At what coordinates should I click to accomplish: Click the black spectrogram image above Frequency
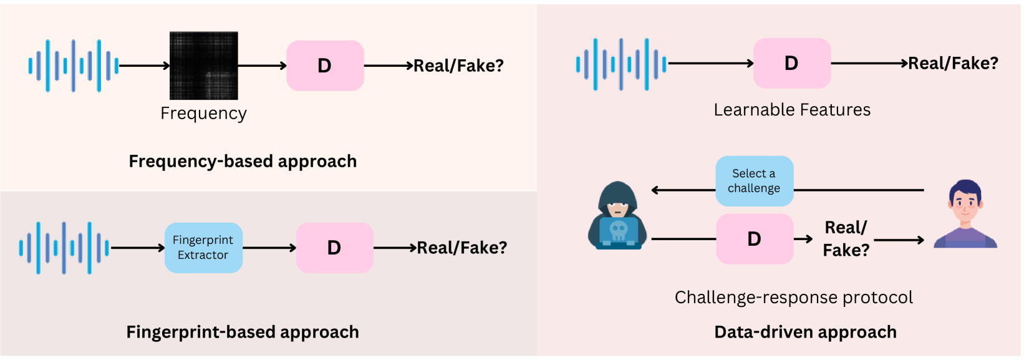(204, 66)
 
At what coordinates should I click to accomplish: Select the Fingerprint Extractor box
(203, 248)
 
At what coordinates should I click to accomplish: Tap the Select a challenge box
(754, 181)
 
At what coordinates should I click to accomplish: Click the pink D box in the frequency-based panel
(325, 66)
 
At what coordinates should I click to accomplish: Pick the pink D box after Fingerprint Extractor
(334, 248)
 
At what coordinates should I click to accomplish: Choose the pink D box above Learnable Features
(791, 63)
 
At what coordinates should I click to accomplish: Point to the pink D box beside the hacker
(755, 239)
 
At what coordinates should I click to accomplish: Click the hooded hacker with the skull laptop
(617, 216)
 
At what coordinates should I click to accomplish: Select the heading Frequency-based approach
(243, 161)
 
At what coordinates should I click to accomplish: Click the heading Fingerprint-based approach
(243, 332)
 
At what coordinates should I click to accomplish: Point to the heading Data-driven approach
(805, 332)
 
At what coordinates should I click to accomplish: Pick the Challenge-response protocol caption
(793, 298)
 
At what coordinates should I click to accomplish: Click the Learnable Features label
(792, 110)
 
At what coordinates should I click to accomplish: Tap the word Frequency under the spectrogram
(203, 113)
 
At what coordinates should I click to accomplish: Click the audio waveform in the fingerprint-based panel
(64, 248)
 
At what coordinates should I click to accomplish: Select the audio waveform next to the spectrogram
(73, 66)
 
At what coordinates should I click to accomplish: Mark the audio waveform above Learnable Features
(621, 64)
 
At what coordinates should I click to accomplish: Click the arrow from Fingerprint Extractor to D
(269, 248)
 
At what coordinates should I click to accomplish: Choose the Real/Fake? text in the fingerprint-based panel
(461, 248)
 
